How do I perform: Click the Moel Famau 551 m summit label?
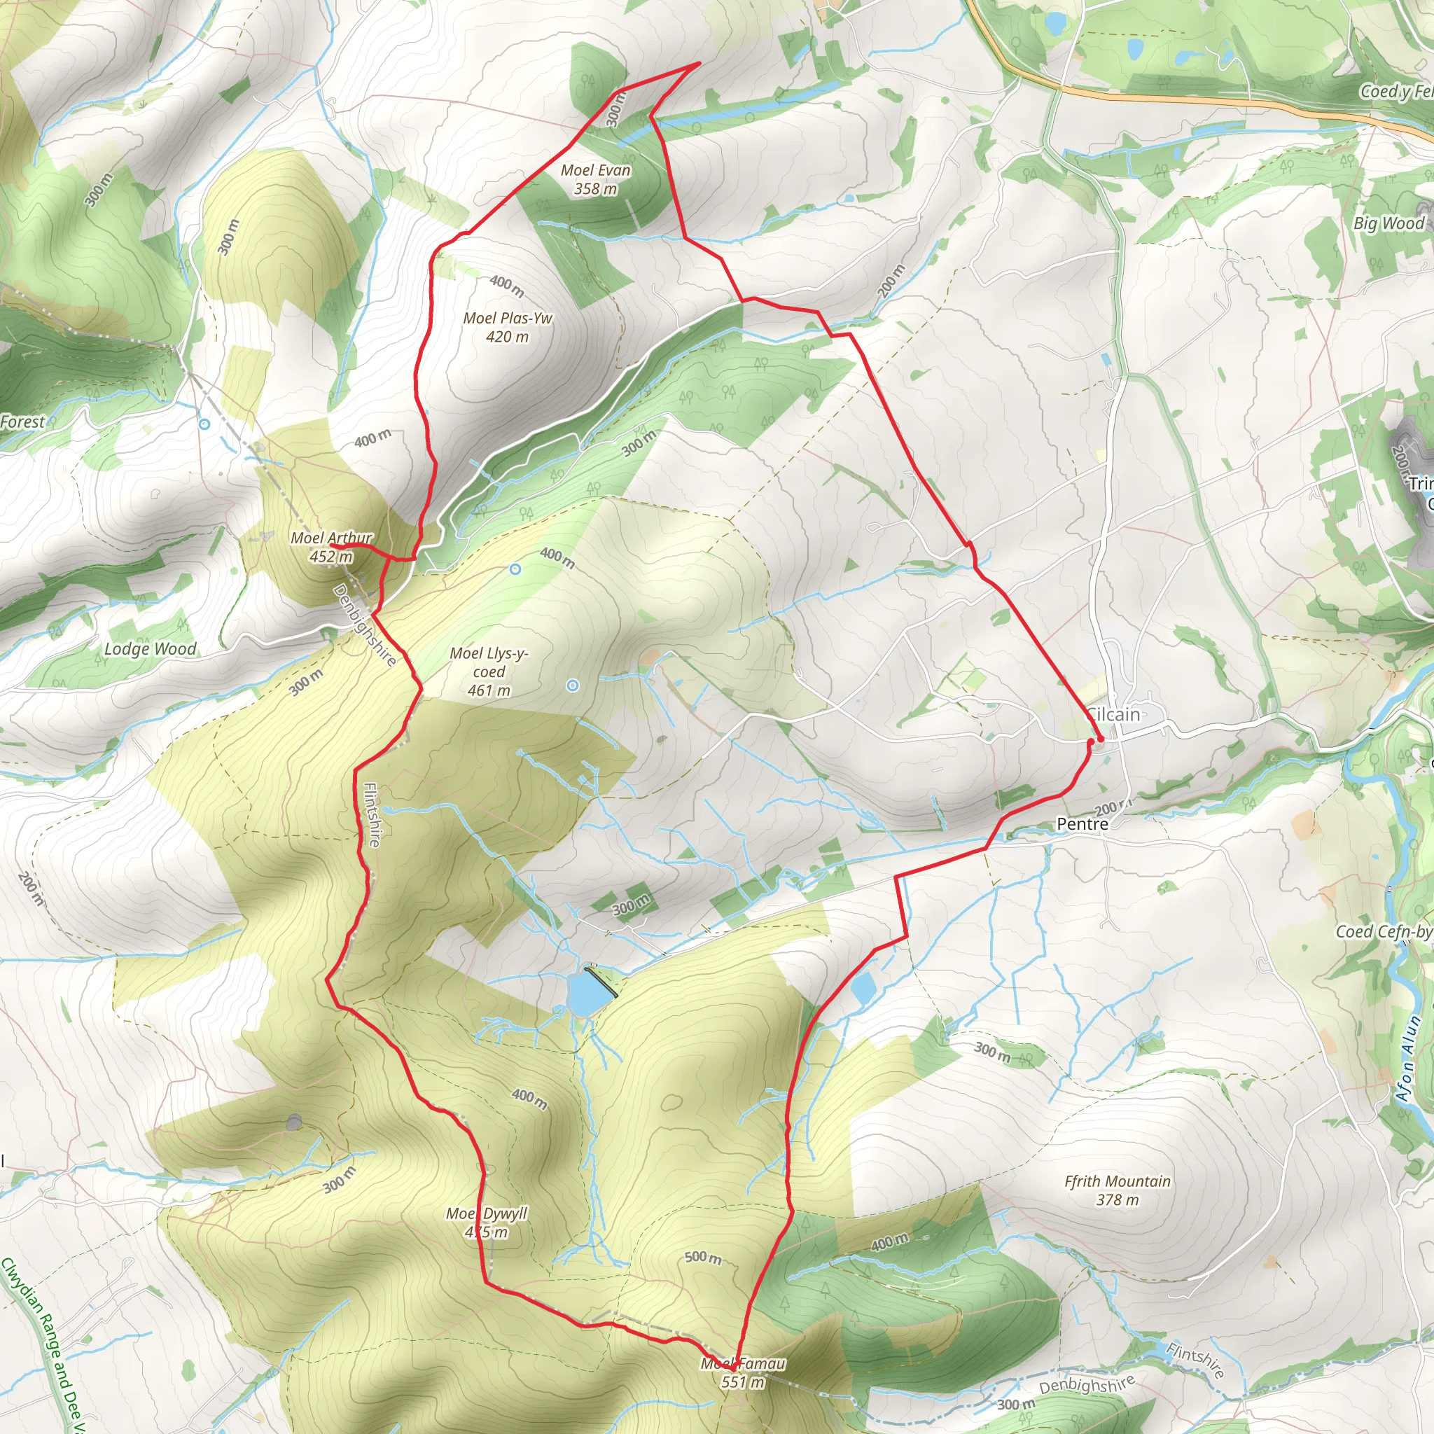[x=743, y=1372]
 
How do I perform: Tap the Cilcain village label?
[x=1113, y=715]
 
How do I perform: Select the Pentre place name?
[x=1083, y=824]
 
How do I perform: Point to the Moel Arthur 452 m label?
[x=331, y=547]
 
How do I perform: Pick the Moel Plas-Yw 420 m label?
[x=508, y=327]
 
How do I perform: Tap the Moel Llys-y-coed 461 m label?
[x=489, y=671]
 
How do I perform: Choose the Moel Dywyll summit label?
[x=487, y=1223]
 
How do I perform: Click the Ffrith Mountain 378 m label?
[x=1117, y=1190]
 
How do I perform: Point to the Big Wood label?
[x=1388, y=223]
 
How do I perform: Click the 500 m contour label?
[x=702, y=1258]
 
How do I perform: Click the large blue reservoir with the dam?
[x=587, y=993]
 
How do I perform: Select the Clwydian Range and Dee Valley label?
[x=45, y=1344]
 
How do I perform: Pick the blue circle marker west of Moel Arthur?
[x=204, y=424]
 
